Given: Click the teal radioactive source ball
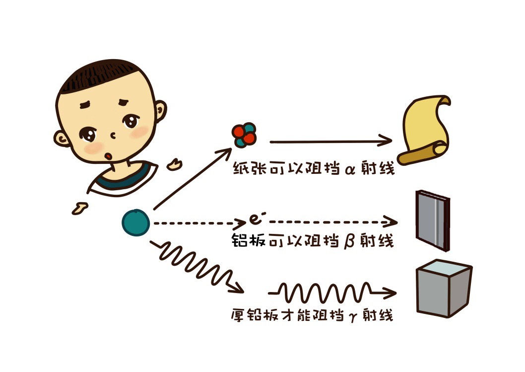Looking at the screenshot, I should click(x=136, y=223).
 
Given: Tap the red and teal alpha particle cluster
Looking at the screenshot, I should click(x=244, y=135).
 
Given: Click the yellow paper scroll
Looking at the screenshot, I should click(x=426, y=130).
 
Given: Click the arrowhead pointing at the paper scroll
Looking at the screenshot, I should click(x=385, y=142).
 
